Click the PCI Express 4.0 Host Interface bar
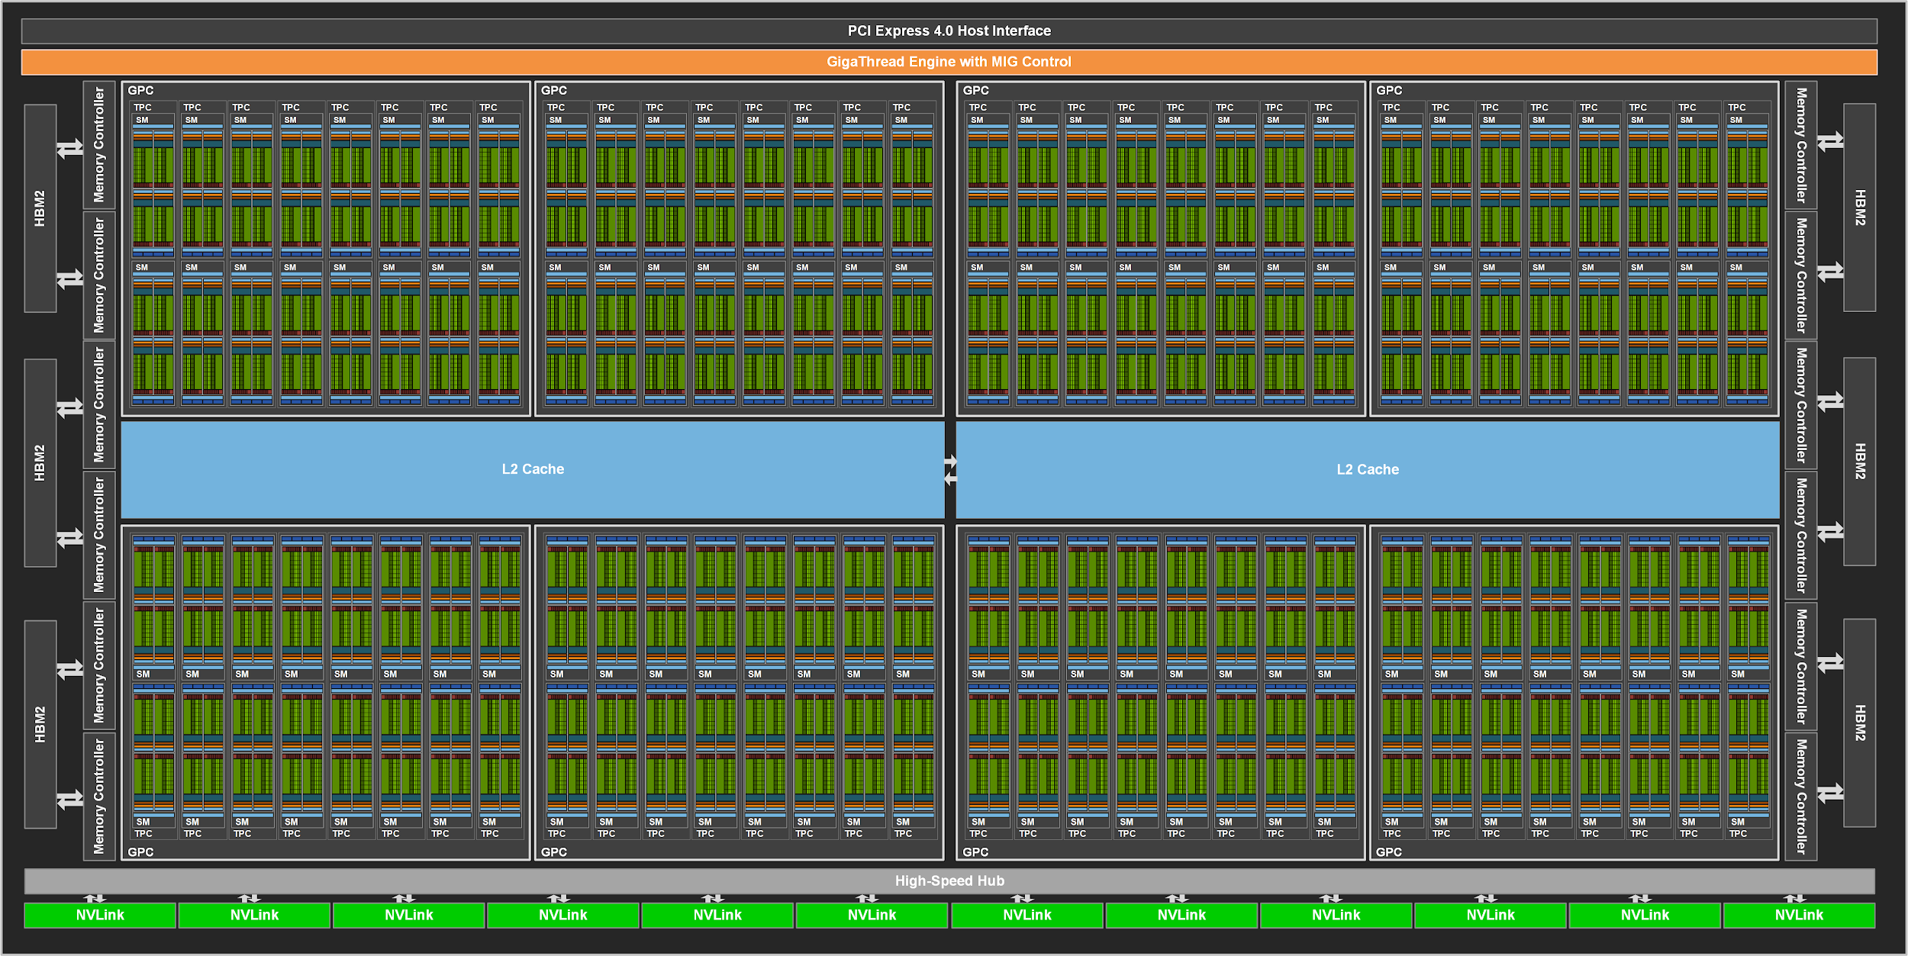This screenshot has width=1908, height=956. coord(949,31)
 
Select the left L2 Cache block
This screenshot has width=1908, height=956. coord(533,470)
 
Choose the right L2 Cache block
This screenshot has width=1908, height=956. coord(1367,470)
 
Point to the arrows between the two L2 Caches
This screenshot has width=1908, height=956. coord(950,470)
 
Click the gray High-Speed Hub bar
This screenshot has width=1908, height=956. coord(949,881)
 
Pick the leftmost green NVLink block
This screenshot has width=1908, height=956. coord(100,916)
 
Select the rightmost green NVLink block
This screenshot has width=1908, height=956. coord(1799,916)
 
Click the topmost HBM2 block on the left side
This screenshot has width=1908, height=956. coord(40,208)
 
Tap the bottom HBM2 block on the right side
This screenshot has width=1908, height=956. coord(1860,723)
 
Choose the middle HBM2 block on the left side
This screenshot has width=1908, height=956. coord(40,463)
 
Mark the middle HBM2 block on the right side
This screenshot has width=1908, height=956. coord(1860,462)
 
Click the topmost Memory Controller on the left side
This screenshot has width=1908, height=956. coord(99,145)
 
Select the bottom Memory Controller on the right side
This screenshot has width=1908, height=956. coord(1801,796)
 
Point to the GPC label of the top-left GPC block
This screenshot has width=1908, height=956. coord(140,91)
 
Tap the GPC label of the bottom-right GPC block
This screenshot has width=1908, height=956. coord(1388,852)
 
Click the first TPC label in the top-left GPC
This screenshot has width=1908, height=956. coord(143,108)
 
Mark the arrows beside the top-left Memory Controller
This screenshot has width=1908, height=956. coord(70,148)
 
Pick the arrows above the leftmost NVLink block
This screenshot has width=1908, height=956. coord(95,898)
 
